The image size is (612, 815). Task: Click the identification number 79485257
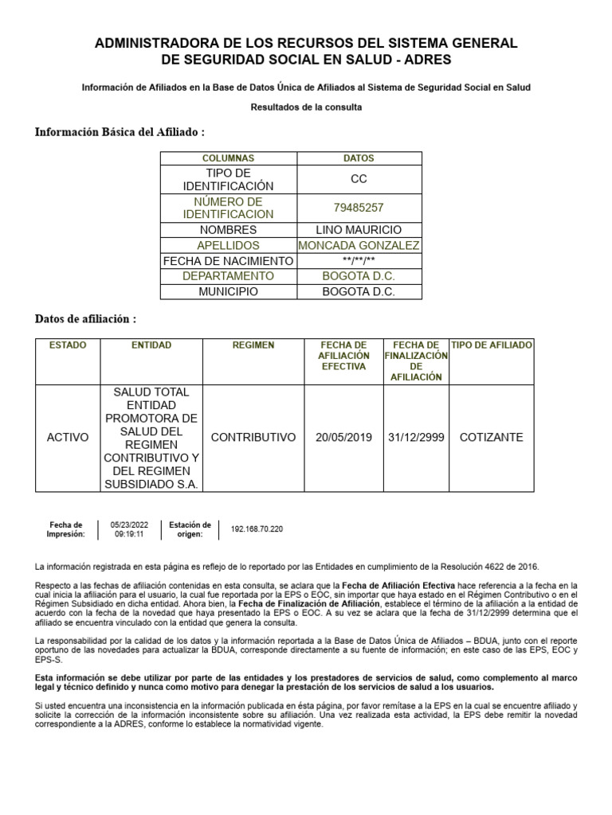358,208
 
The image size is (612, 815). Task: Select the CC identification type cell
358,179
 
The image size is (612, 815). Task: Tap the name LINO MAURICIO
359,230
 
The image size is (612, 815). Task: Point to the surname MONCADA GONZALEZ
359,246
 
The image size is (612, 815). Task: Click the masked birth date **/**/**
359,261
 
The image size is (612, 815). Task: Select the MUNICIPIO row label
228,291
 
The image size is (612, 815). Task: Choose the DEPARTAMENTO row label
228,276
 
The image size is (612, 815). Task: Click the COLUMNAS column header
228,158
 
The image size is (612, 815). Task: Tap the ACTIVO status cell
68,438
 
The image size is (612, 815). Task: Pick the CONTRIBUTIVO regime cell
253,438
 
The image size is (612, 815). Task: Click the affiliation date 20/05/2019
343,438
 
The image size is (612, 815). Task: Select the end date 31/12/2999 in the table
416,438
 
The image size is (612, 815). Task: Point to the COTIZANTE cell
492,438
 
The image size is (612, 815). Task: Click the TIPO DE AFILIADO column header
492,345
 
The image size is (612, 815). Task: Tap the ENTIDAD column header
151,345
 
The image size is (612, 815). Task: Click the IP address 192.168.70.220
257,529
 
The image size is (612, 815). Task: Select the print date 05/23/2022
130,524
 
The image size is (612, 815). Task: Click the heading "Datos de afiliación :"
85,319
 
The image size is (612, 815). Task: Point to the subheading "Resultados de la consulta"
306,107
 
